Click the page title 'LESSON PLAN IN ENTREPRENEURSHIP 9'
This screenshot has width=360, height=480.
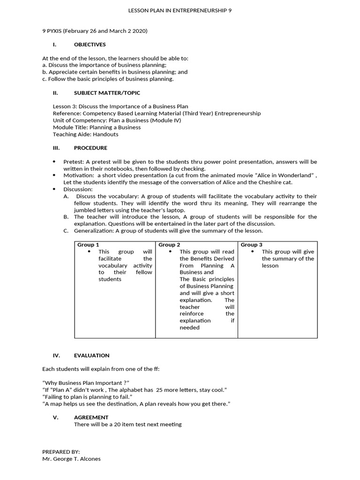tap(180, 10)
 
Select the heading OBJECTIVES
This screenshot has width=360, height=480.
tap(90, 45)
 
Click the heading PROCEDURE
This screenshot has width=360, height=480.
tap(90, 148)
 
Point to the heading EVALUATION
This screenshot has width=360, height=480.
tap(91, 355)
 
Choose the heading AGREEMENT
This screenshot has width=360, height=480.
tap(91, 417)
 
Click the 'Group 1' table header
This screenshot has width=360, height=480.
tap(88, 245)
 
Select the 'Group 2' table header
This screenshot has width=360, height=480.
tap(169, 245)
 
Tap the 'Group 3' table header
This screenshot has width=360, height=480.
tap(252, 245)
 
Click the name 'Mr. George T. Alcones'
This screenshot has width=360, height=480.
tap(71, 459)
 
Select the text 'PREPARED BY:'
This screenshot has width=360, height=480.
tap(61, 451)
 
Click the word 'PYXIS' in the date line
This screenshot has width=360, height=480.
tap(54, 31)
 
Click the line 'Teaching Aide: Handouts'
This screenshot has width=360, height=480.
tap(85, 134)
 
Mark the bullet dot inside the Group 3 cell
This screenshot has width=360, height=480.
tap(253, 252)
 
